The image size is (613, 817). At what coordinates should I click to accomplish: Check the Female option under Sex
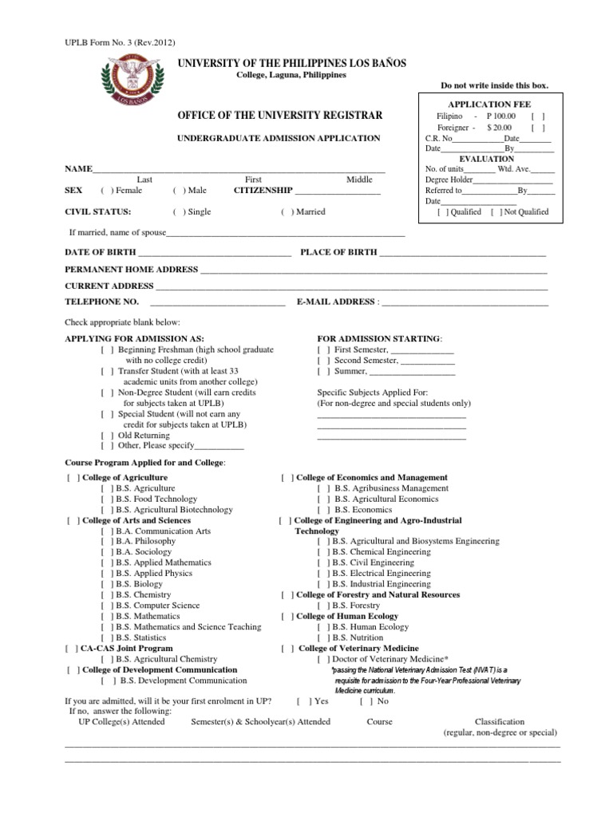(x=105, y=191)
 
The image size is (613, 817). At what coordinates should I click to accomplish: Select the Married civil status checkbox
(x=286, y=212)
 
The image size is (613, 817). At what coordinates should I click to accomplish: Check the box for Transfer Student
(x=106, y=371)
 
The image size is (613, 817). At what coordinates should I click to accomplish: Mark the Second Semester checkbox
(x=322, y=361)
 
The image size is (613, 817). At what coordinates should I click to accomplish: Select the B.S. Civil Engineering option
(x=322, y=562)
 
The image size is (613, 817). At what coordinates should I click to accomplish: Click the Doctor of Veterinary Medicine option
(x=322, y=659)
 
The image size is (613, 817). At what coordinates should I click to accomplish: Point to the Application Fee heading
(x=490, y=105)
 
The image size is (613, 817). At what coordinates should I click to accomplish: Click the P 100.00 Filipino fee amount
(x=501, y=116)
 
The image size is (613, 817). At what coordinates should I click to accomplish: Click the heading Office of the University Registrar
(x=275, y=116)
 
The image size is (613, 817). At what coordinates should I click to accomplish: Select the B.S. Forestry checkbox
(x=322, y=606)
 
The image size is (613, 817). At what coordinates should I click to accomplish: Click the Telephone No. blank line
(x=216, y=302)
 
